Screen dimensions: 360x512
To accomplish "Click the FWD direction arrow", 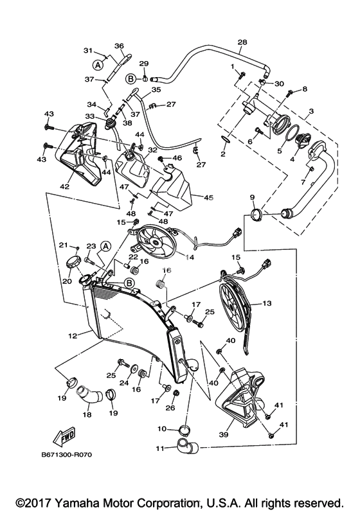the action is click(65, 436).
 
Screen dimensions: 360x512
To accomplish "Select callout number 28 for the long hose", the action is click(242, 42).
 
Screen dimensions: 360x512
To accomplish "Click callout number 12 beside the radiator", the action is click(73, 336).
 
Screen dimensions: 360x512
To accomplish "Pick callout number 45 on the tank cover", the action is click(208, 198).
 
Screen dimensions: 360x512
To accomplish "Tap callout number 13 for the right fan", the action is click(267, 303).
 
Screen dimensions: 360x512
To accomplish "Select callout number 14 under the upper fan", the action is click(190, 258).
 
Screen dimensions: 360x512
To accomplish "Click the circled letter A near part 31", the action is click(97, 65).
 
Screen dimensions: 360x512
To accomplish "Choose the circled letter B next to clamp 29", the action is click(130, 78).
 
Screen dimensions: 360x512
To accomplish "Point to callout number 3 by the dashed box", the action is click(311, 111).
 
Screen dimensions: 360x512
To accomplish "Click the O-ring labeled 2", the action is click(224, 140).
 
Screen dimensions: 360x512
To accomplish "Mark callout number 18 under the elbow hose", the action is click(87, 415).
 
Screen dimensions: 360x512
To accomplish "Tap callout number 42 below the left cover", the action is click(65, 186).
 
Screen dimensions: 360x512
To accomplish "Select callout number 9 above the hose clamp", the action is click(252, 197).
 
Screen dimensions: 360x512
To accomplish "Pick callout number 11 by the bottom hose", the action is click(159, 448).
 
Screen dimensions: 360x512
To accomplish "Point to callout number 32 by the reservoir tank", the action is click(152, 150).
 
